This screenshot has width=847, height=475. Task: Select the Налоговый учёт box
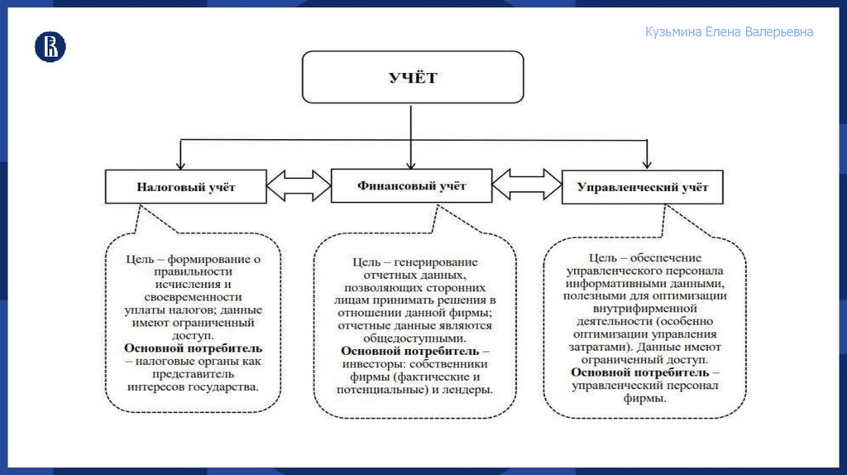pyautogui.click(x=185, y=187)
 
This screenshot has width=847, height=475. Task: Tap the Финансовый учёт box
pyautogui.click(x=411, y=185)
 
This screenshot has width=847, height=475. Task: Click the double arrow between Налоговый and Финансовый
pyautogui.click(x=299, y=185)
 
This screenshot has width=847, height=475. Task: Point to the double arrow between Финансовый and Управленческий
pyautogui.click(x=527, y=185)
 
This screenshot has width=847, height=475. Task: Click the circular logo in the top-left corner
pyautogui.click(x=50, y=46)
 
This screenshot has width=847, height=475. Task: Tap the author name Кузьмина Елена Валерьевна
pyautogui.click(x=729, y=32)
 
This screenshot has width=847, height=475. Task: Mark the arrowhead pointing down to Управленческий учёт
pyautogui.click(x=648, y=164)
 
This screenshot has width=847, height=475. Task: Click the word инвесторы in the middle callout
pyautogui.click(x=369, y=364)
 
